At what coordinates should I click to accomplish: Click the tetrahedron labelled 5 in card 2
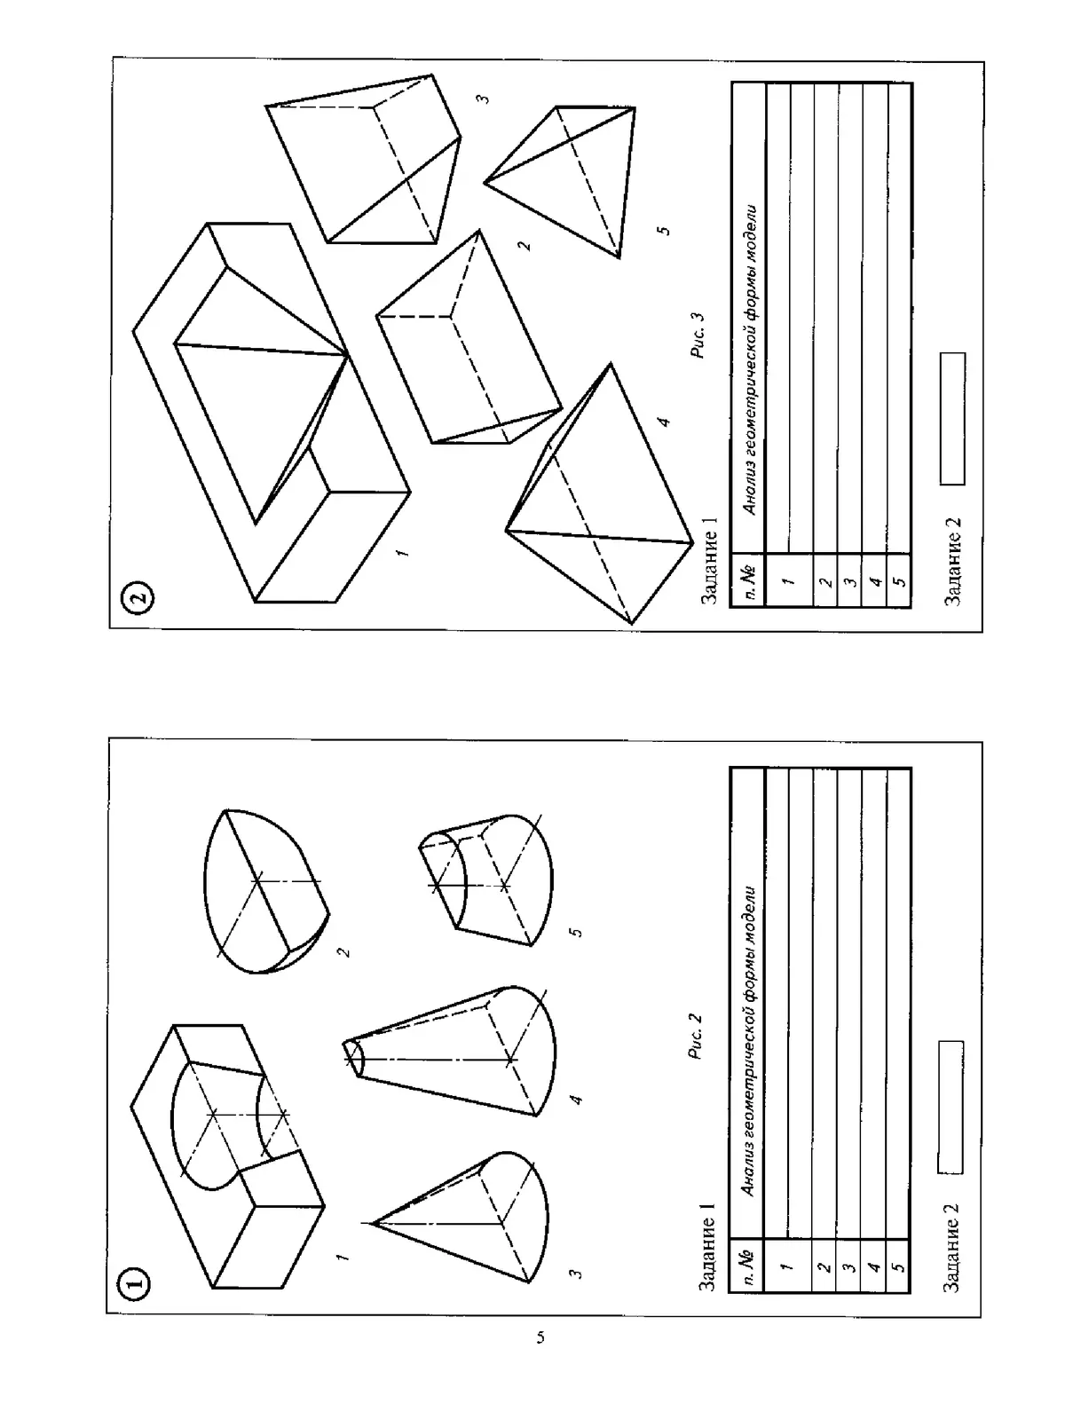click(560, 182)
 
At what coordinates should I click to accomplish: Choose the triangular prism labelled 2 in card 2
click(469, 337)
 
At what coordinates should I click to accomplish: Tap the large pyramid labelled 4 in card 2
click(599, 493)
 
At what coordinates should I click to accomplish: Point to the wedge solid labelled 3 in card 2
click(363, 159)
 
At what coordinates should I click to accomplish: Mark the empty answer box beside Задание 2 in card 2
click(952, 418)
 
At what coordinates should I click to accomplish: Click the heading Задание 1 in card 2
click(709, 561)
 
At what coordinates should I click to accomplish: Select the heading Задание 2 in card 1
click(951, 1247)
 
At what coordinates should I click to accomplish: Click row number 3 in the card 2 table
click(849, 581)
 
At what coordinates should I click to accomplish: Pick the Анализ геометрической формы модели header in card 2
click(749, 359)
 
